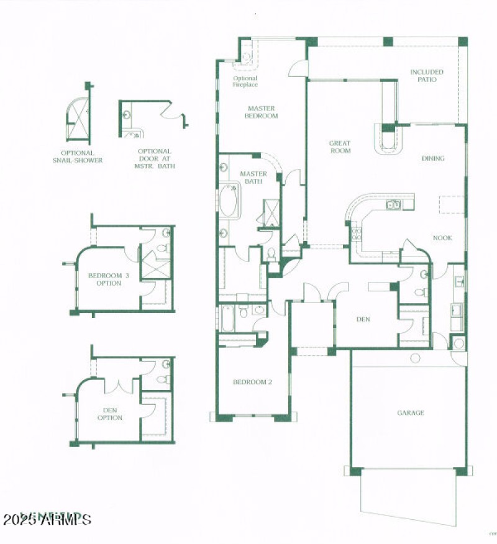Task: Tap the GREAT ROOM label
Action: pyautogui.click(x=340, y=147)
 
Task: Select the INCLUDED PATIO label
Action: pyautogui.click(x=427, y=76)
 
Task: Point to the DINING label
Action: pyautogui.click(x=433, y=158)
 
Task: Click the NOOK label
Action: pyautogui.click(x=442, y=238)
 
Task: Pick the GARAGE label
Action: pyautogui.click(x=411, y=412)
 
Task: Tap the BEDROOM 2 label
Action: pyautogui.click(x=252, y=382)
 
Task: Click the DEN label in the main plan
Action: pyautogui.click(x=363, y=320)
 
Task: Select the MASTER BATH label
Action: pyautogui.click(x=253, y=178)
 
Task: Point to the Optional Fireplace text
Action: pyautogui.click(x=245, y=81)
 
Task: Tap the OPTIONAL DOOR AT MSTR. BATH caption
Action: pyautogui.click(x=155, y=158)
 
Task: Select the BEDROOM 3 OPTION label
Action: pyautogui.click(x=104, y=279)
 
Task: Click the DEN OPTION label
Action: pyautogui.click(x=109, y=414)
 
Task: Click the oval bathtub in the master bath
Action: pyautogui.click(x=229, y=200)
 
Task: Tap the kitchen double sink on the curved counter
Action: pyautogui.click(x=393, y=204)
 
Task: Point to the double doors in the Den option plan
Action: pyautogui.click(x=117, y=385)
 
